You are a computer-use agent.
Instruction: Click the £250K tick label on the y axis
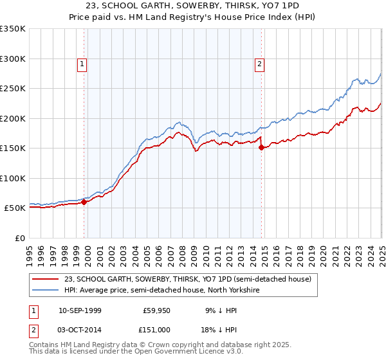point(12,88)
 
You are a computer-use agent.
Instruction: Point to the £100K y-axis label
point(12,178)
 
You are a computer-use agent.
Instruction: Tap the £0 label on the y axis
point(20,238)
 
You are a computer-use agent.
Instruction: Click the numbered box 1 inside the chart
point(84,64)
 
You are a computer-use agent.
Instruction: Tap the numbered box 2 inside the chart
point(259,64)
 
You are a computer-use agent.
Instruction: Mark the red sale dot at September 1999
point(84,202)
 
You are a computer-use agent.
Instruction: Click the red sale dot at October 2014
point(262,147)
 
